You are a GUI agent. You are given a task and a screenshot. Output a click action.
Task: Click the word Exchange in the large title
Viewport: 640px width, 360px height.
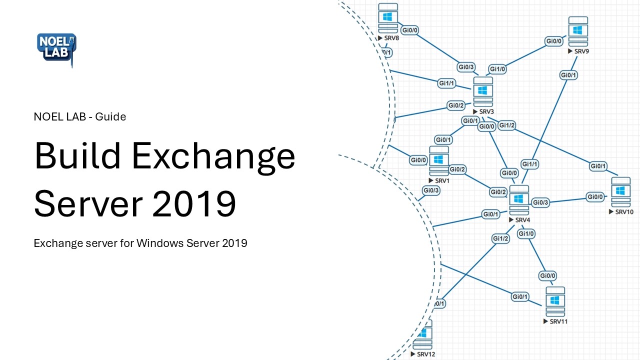[x=212, y=156]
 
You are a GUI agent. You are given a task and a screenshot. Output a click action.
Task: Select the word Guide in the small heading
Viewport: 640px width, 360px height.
[x=110, y=117]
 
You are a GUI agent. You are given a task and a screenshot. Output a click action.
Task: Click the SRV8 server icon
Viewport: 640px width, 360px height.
[x=388, y=19]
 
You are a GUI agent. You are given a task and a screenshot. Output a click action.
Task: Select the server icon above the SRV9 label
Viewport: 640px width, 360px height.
[x=577, y=31]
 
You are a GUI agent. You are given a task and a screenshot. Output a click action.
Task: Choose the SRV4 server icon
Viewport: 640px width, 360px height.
[x=518, y=200]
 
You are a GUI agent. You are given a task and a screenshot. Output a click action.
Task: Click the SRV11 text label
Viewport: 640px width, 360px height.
[x=558, y=321]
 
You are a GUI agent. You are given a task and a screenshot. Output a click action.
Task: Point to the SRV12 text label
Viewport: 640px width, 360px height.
[x=425, y=354]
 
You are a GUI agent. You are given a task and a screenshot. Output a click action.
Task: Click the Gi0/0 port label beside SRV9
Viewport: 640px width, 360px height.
[x=554, y=41]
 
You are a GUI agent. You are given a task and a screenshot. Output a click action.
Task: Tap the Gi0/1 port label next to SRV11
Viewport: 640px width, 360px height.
[x=520, y=297]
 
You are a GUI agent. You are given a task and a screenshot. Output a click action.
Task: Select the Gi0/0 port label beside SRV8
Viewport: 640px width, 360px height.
[x=409, y=30]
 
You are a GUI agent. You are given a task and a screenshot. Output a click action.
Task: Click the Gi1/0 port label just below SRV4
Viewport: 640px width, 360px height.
[x=526, y=233]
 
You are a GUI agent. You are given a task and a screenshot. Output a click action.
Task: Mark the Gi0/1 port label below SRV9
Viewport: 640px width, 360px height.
[x=568, y=75]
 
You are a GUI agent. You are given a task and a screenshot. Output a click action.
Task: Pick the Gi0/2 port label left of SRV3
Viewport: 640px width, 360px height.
[x=456, y=105]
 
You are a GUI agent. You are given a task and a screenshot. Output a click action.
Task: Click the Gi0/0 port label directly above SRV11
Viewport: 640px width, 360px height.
[x=547, y=276]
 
